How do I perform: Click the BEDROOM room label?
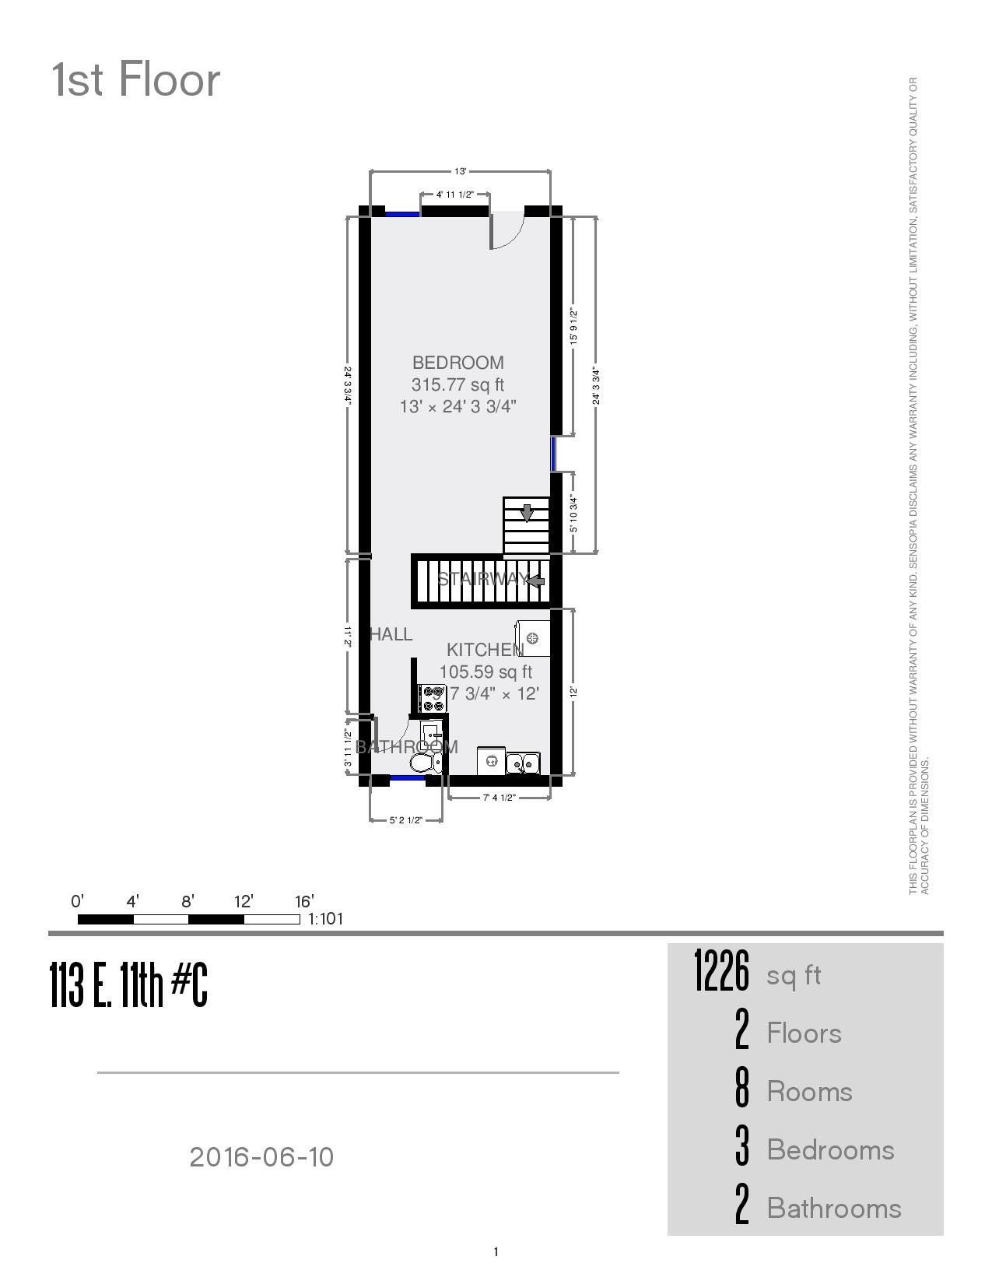[x=458, y=363]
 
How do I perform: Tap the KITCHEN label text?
[x=485, y=650]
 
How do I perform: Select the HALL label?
[x=391, y=634]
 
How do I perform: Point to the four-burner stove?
[x=433, y=698]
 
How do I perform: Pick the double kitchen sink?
[x=524, y=763]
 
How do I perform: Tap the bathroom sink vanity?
[x=431, y=734]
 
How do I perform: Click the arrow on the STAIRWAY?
[x=535, y=580]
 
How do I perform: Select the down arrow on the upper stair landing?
[x=527, y=512]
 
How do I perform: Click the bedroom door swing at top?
[x=507, y=231]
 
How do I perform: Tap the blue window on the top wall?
[x=402, y=212]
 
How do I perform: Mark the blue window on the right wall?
[x=554, y=454]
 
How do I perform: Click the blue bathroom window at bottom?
[x=407, y=777]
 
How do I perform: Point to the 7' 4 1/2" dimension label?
[x=500, y=797]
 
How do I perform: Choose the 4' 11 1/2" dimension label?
[x=455, y=195]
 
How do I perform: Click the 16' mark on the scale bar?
[x=303, y=901]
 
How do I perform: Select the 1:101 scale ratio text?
[x=326, y=919]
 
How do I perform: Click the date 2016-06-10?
[x=261, y=1157]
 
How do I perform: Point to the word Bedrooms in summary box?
[x=830, y=1150]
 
